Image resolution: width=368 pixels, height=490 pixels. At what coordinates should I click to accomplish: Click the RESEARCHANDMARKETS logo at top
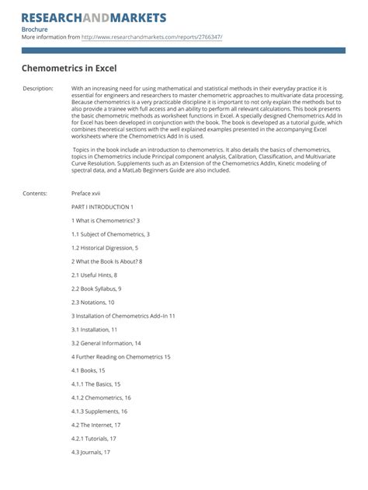(x=94, y=17)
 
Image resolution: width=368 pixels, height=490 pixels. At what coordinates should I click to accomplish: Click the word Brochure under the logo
(x=34, y=30)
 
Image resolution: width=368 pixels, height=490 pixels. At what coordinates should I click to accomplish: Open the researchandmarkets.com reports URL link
(x=151, y=37)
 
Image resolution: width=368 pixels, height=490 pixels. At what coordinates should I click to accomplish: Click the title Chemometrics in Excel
(x=68, y=68)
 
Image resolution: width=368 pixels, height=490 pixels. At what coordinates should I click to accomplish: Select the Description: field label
(x=38, y=89)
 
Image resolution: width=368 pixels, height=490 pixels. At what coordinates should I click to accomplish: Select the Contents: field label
(x=35, y=193)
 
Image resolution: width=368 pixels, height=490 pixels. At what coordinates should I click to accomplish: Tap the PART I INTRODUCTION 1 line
(x=102, y=207)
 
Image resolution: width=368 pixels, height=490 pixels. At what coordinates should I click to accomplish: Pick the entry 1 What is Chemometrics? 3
(x=106, y=221)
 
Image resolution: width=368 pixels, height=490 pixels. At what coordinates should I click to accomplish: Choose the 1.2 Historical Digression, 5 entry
(x=105, y=247)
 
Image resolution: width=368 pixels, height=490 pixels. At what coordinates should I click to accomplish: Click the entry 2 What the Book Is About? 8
(x=106, y=261)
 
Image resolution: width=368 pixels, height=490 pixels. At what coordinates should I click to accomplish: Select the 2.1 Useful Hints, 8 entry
(x=95, y=275)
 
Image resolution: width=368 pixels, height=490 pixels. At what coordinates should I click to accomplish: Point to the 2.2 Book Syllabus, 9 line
(x=96, y=289)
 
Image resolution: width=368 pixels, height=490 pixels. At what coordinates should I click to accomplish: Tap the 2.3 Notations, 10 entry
(x=93, y=302)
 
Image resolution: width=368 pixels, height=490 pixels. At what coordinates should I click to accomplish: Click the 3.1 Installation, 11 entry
(x=95, y=329)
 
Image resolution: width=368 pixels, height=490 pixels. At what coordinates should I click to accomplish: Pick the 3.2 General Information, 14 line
(x=106, y=343)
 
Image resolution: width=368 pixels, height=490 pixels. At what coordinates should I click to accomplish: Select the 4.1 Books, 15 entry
(x=89, y=370)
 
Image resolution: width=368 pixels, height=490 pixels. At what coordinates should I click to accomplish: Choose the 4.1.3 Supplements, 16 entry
(x=99, y=411)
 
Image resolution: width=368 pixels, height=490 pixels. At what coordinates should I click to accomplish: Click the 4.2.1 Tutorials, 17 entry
(x=94, y=438)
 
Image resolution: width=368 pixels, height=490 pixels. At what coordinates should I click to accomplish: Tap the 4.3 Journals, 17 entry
(x=91, y=452)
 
